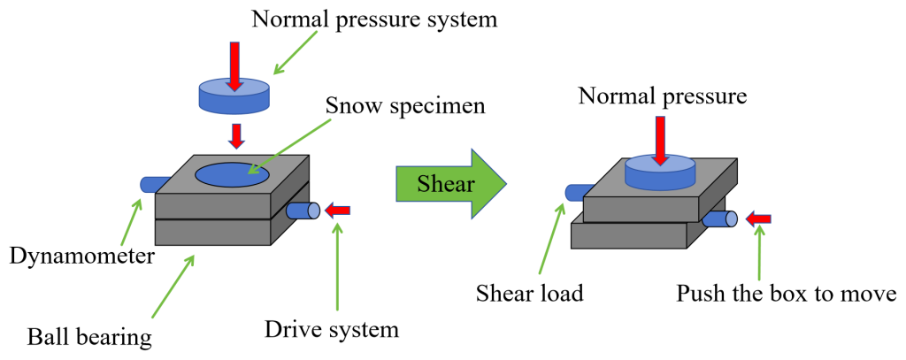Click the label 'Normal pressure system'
(374, 19)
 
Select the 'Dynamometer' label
(82, 255)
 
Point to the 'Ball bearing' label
(90, 335)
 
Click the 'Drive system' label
(332, 329)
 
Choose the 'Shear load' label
(530, 294)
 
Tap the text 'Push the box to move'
(787, 294)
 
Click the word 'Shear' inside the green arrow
(446, 184)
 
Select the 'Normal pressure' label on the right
(664, 96)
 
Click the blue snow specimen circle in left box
(233, 174)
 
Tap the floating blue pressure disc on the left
(234, 96)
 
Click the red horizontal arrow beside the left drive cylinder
(337, 211)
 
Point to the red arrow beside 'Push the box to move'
(757, 219)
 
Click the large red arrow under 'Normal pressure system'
(234, 66)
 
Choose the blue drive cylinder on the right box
(721, 218)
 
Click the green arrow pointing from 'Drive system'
(337, 267)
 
